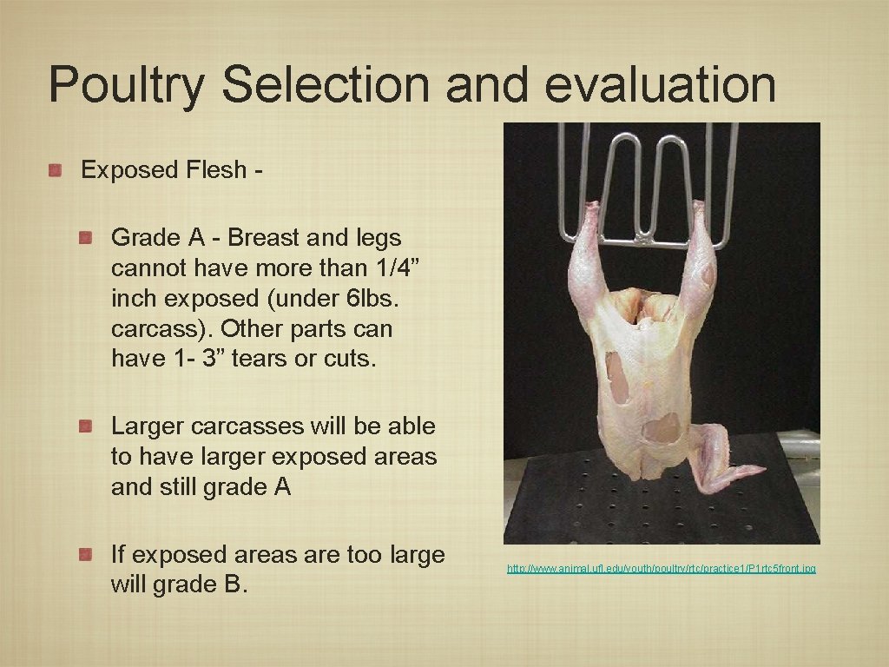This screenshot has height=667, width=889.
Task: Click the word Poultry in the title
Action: [x=126, y=85]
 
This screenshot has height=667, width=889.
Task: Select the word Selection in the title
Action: [x=325, y=85]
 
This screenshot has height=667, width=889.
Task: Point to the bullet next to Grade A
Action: [x=86, y=237]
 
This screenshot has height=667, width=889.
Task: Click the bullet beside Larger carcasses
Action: [x=86, y=426]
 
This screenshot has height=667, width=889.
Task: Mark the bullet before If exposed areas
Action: [x=86, y=554]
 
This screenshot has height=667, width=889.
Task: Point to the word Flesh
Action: [x=216, y=170]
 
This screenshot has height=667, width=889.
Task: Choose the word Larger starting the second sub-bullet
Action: [x=147, y=426]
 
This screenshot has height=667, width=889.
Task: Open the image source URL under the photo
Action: [x=662, y=568]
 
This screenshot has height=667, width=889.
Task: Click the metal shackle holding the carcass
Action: [x=647, y=182]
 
